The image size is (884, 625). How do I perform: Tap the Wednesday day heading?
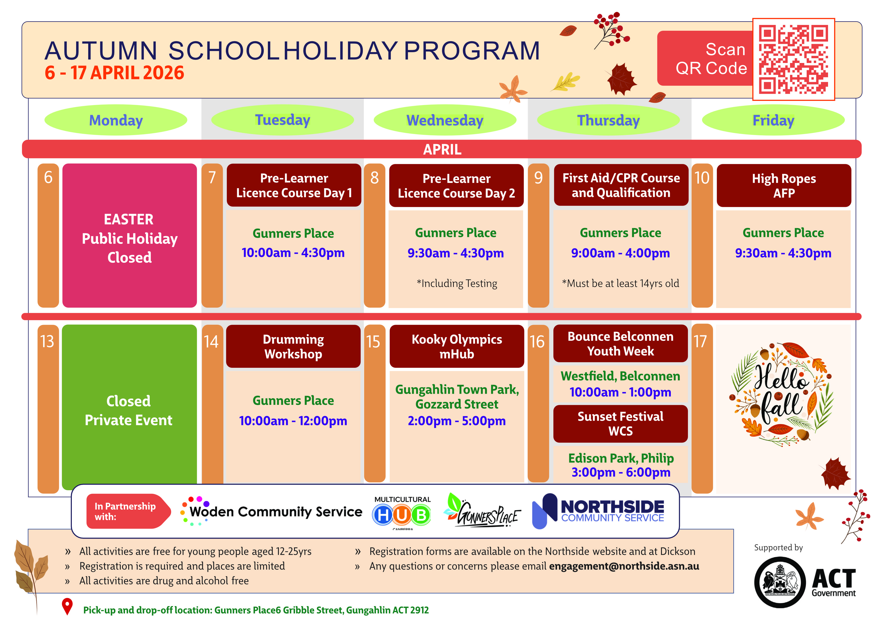coord(445,120)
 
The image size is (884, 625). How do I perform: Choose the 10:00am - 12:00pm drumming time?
coord(293,421)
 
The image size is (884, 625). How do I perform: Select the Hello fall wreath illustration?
coord(782,394)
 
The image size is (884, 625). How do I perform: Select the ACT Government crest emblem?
coord(780,582)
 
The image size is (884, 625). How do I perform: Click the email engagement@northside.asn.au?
coord(624,566)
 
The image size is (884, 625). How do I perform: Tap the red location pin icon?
coord(67,606)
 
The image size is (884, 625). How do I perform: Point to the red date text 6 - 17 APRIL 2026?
coord(114,73)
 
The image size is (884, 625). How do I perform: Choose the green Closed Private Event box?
coord(129,410)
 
